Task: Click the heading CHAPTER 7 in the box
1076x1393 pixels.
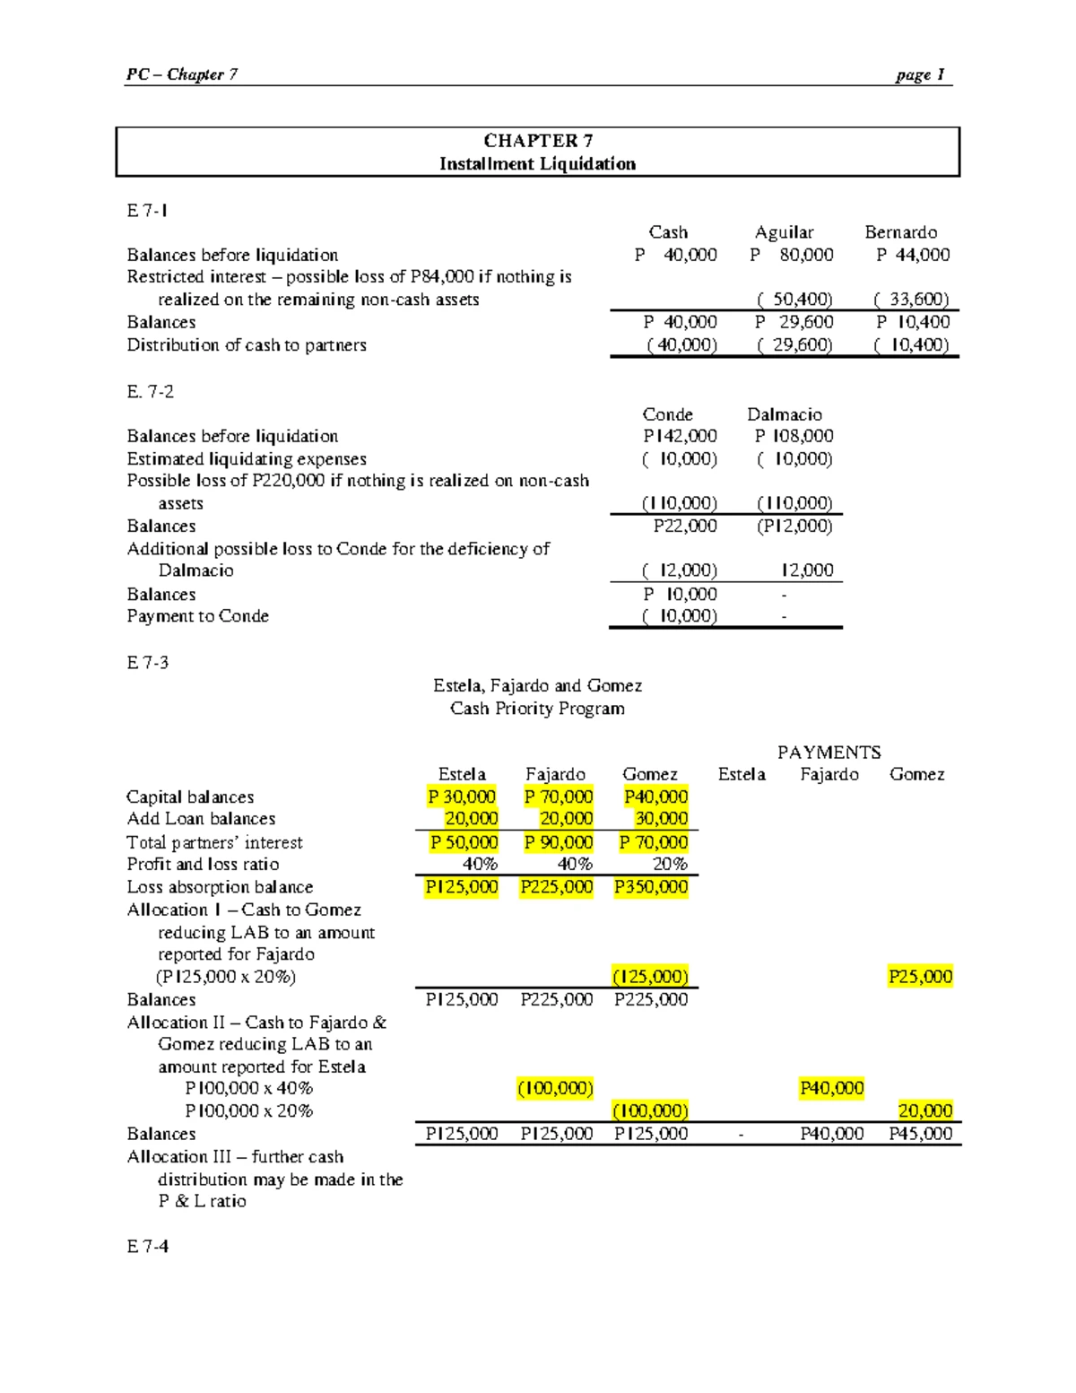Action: point(537,141)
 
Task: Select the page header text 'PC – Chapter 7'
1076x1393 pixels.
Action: point(181,74)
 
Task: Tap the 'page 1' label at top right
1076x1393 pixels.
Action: point(919,74)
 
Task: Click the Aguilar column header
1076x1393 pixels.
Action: point(784,232)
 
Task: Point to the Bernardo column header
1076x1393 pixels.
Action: point(900,232)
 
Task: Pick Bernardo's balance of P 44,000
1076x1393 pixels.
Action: point(913,255)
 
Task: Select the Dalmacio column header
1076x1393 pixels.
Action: point(784,414)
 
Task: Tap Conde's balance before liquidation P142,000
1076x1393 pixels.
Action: point(680,436)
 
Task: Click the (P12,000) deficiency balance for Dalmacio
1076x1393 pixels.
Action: point(794,527)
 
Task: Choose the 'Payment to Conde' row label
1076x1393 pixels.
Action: point(197,616)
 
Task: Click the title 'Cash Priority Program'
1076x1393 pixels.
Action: point(537,709)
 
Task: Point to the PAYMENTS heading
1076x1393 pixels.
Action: point(829,753)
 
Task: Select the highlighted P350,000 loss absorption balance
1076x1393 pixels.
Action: point(651,887)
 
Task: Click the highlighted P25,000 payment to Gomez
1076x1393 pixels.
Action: point(920,977)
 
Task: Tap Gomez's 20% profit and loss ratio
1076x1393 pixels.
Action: point(670,865)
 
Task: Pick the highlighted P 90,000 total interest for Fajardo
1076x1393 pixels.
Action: point(558,842)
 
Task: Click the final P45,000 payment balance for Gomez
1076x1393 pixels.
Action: point(920,1134)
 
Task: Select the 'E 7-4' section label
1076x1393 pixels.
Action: point(147,1246)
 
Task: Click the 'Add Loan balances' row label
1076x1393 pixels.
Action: point(201,819)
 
